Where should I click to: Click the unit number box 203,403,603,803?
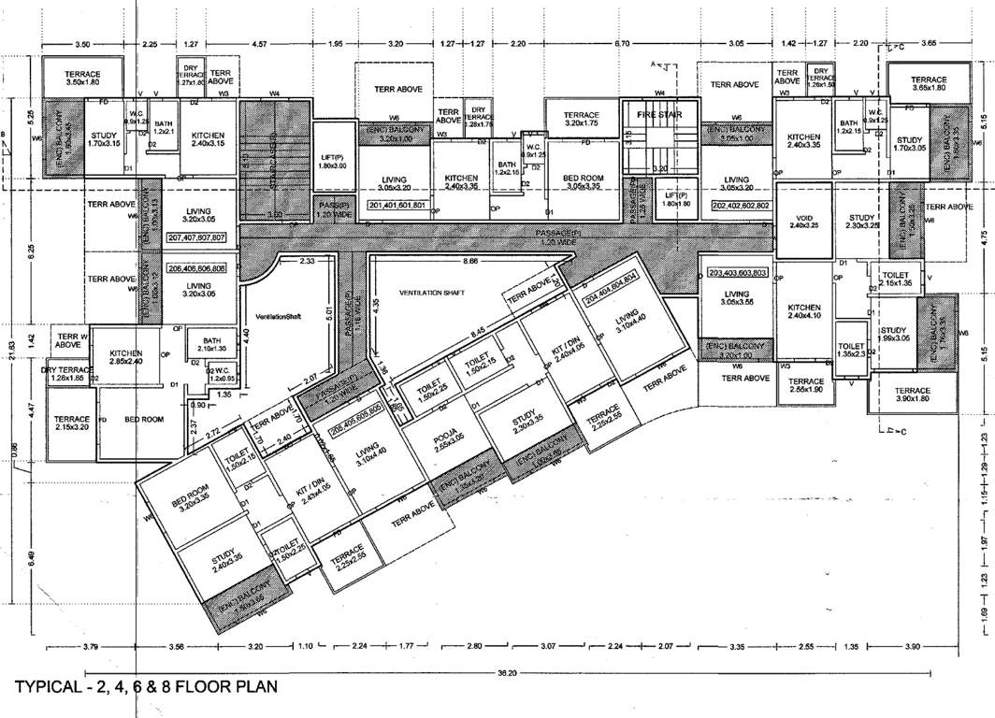[x=739, y=273]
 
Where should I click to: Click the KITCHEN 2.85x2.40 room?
[x=124, y=356]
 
